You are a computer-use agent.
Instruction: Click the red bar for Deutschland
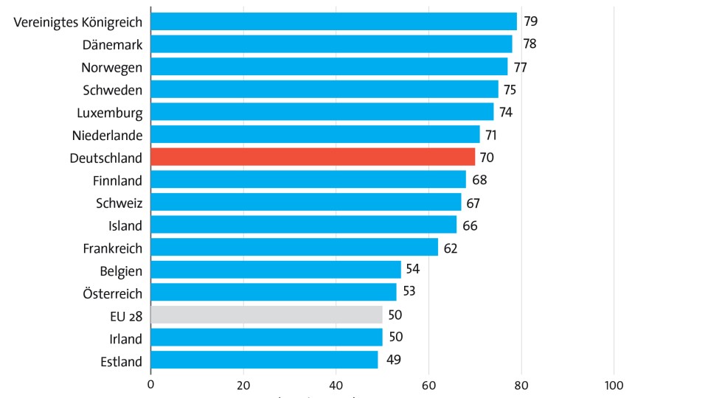click(313, 157)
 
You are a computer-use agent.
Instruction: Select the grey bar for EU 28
click(266, 315)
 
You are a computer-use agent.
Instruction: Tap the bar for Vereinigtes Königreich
click(333, 21)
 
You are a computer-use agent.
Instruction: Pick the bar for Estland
click(264, 360)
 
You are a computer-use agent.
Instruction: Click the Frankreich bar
click(294, 248)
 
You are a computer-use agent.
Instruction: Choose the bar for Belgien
click(276, 270)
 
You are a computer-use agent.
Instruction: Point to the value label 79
click(530, 21)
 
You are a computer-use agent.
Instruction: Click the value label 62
click(451, 248)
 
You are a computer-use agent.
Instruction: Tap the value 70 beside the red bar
click(487, 157)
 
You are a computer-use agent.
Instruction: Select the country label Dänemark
click(112, 44)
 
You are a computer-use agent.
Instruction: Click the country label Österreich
click(112, 293)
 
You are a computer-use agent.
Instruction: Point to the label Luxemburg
click(109, 112)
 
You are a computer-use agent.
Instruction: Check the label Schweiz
click(119, 203)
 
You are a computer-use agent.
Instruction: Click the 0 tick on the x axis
click(150, 384)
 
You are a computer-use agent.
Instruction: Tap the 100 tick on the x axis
click(614, 384)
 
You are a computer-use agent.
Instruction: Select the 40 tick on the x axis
click(336, 384)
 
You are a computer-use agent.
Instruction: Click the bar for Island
click(303, 225)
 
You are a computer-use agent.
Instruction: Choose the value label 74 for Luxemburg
click(505, 112)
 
